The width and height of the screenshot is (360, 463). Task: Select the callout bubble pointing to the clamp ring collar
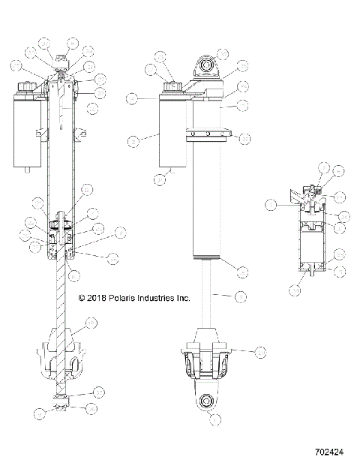(245, 137)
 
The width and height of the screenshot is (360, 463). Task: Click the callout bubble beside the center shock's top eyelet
(223, 54)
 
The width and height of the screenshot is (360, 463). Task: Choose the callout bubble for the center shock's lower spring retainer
(260, 350)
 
